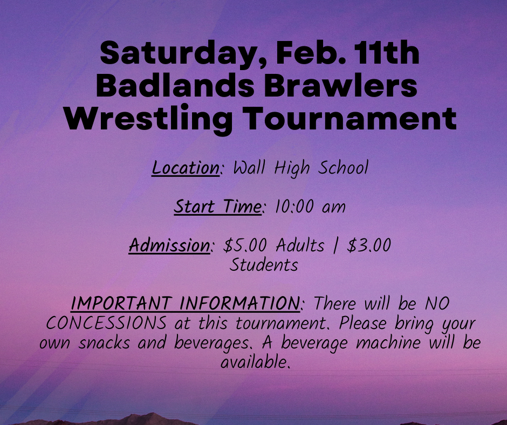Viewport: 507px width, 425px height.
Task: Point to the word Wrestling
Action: [x=148, y=119]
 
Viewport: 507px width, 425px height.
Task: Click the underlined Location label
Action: [x=186, y=168]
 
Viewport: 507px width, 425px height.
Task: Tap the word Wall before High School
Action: [x=249, y=168]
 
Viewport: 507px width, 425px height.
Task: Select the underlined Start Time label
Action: [x=217, y=207]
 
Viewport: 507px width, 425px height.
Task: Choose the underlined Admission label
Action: [x=170, y=245]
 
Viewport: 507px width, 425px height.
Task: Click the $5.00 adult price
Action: [x=245, y=245]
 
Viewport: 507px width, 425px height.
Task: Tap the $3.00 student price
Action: [x=369, y=245]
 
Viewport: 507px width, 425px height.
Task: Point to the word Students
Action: [x=264, y=265]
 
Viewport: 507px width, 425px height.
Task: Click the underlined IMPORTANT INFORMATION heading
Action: [x=186, y=304]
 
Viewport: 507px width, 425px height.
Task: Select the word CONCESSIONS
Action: [x=107, y=323]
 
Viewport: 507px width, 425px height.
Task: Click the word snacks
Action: [x=104, y=342]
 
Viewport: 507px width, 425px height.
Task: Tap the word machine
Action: [x=388, y=342]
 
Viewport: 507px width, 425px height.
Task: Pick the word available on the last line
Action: [x=254, y=362]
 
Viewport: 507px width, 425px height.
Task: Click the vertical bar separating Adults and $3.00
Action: [x=335, y=245]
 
